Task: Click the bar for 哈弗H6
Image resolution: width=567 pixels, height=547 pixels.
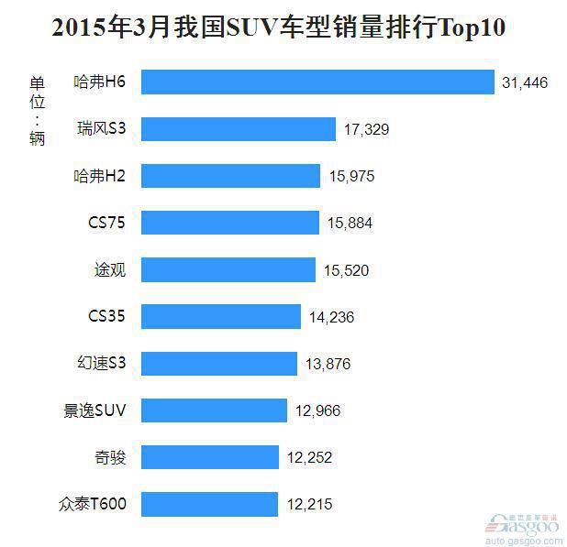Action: (x=318, y=82)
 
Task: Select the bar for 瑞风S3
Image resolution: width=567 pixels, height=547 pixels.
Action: (x=239, y=129)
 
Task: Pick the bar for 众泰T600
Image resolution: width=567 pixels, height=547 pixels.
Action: (x=210, y=504)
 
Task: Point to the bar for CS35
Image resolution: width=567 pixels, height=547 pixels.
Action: (x=221, y=317)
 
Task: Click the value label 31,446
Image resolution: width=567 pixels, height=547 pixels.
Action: (x=525, y=83)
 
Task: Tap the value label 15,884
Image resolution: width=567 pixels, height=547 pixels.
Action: (x=350, y=223)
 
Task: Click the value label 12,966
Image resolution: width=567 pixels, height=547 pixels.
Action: (x=318, y=410)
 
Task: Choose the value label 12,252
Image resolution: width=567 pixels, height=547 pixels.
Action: (x=309, y=457)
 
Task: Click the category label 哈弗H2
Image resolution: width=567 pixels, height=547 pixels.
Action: (x=99, y=176)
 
